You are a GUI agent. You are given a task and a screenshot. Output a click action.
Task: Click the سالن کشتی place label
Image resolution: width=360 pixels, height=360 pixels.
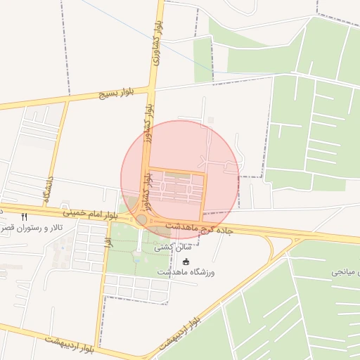(x=192, y=248)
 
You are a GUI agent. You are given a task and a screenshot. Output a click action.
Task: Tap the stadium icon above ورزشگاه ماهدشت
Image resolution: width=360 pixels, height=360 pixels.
(x=186, y=262)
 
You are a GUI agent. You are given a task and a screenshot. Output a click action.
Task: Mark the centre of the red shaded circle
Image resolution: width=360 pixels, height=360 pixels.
(x=180, y=179)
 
